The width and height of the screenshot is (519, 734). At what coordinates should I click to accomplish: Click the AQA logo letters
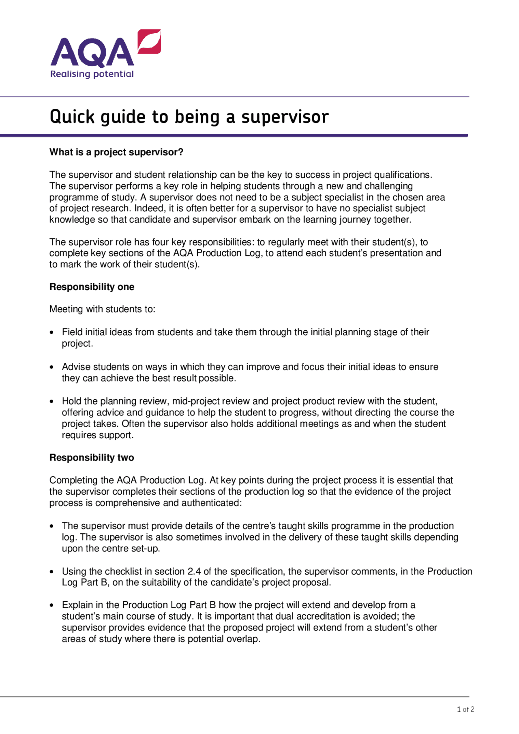coord(92,53)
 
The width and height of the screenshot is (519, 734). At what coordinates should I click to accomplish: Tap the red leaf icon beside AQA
coord(149,41)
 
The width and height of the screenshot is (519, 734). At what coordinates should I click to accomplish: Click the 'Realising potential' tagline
coord(92,74)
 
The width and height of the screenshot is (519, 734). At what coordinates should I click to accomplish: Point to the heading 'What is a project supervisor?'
coord(116,152)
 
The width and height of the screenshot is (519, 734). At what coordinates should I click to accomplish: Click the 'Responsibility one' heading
coord(92,287)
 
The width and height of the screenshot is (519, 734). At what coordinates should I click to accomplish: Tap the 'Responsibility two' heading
coord(92,458)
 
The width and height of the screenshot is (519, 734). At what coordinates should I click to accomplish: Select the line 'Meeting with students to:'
coord(102,309)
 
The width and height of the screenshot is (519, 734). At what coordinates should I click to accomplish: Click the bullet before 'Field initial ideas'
coord(51,333)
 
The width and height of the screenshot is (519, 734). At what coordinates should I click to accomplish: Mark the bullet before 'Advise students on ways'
coord(51,367)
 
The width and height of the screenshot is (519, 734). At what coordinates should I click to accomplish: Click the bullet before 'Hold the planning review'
coord(51,402)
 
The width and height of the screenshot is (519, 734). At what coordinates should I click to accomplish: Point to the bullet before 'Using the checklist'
coord(51,572)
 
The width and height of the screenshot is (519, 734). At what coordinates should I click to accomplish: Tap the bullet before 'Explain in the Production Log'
coord(51,605)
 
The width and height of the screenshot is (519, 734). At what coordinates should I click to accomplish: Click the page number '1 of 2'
coord(465,710)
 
